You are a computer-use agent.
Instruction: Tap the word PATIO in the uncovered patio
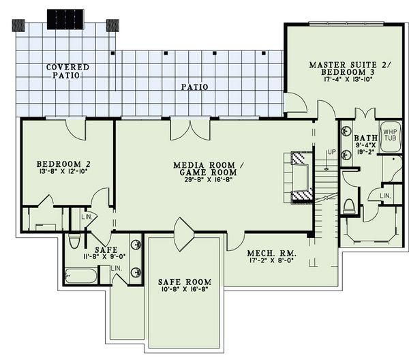point(194,87)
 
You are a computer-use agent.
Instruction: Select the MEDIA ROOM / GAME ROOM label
point(204,169)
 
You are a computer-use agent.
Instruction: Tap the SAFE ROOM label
point(184,282)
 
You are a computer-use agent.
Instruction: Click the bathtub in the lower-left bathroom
point(81,276)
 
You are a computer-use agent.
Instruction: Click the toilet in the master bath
point(350,206)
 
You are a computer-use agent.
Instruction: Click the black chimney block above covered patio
point(65,18)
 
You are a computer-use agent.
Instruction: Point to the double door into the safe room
point(184,233)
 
